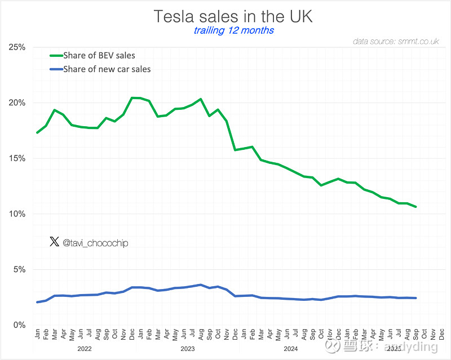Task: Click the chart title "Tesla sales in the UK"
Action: [x=233, y=16]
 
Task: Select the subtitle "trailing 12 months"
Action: [x=233, y=30]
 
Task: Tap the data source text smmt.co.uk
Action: [x=396, y=42]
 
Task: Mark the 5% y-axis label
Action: [x=19, y=269]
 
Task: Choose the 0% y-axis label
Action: [x=19, y=325]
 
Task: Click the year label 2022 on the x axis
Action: [x=85, y=349]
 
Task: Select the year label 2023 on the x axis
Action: [x=188, y=349]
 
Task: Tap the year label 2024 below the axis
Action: [x=291, y=349]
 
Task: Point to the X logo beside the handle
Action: [x=54, y=242]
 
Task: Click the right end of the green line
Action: [x=416, y=207]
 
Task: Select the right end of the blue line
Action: [x=416, y=298]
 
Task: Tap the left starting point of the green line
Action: [x=37, y=132]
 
